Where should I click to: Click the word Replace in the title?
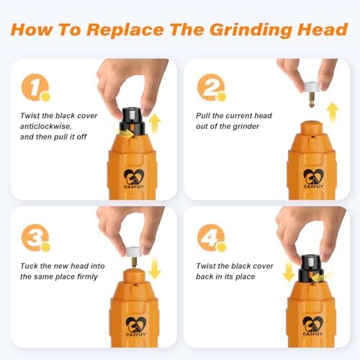coord(125,30)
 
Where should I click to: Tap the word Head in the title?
coord(323,30)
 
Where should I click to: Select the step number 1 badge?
coord(35,87)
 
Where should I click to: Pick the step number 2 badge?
coord(212,87)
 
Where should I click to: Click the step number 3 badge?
coord(35,238)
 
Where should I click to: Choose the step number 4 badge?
coord(212,238)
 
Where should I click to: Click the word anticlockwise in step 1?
coord(45,126)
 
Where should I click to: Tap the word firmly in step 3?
coord(87,276)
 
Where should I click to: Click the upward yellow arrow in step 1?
coord(155,124)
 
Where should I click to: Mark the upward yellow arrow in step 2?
coord(333,112)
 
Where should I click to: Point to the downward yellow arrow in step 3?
coord(155,269)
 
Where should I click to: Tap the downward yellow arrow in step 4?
coord(289,271)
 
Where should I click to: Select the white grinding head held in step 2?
coord(312,87)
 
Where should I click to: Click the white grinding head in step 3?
coord(133,252)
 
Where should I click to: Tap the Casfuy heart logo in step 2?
coord(313,179)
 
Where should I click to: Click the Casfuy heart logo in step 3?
coord(135,326)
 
